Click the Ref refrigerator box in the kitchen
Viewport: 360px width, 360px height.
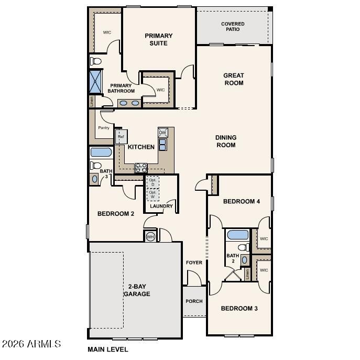tap(121, 137)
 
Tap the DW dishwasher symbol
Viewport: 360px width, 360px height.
tap(162, 133)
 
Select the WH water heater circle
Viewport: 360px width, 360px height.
tap(150, 236)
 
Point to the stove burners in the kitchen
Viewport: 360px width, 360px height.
tap(141, 168)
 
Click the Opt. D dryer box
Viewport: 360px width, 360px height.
tap(153, 182)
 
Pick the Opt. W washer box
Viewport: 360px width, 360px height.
tap(153, 194)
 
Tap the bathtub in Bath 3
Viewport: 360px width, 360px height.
tap(101, 152)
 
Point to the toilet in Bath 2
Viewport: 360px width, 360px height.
tap(243, 247)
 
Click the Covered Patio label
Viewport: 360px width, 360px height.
tap(233, 26)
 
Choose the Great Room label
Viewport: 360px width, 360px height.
tap(234, 79)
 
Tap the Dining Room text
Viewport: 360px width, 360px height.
tap(226, 141)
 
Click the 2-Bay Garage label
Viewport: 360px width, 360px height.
tap(137, 290)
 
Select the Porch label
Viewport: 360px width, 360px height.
tap(194, 301)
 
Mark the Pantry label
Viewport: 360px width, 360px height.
tap(103, 128)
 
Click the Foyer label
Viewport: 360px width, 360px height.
tap(194, 263)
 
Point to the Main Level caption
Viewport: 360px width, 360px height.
tap(107, 350)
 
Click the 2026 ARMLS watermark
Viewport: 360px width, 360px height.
tap(31, 344)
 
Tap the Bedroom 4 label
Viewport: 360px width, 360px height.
tap(242, 201)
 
